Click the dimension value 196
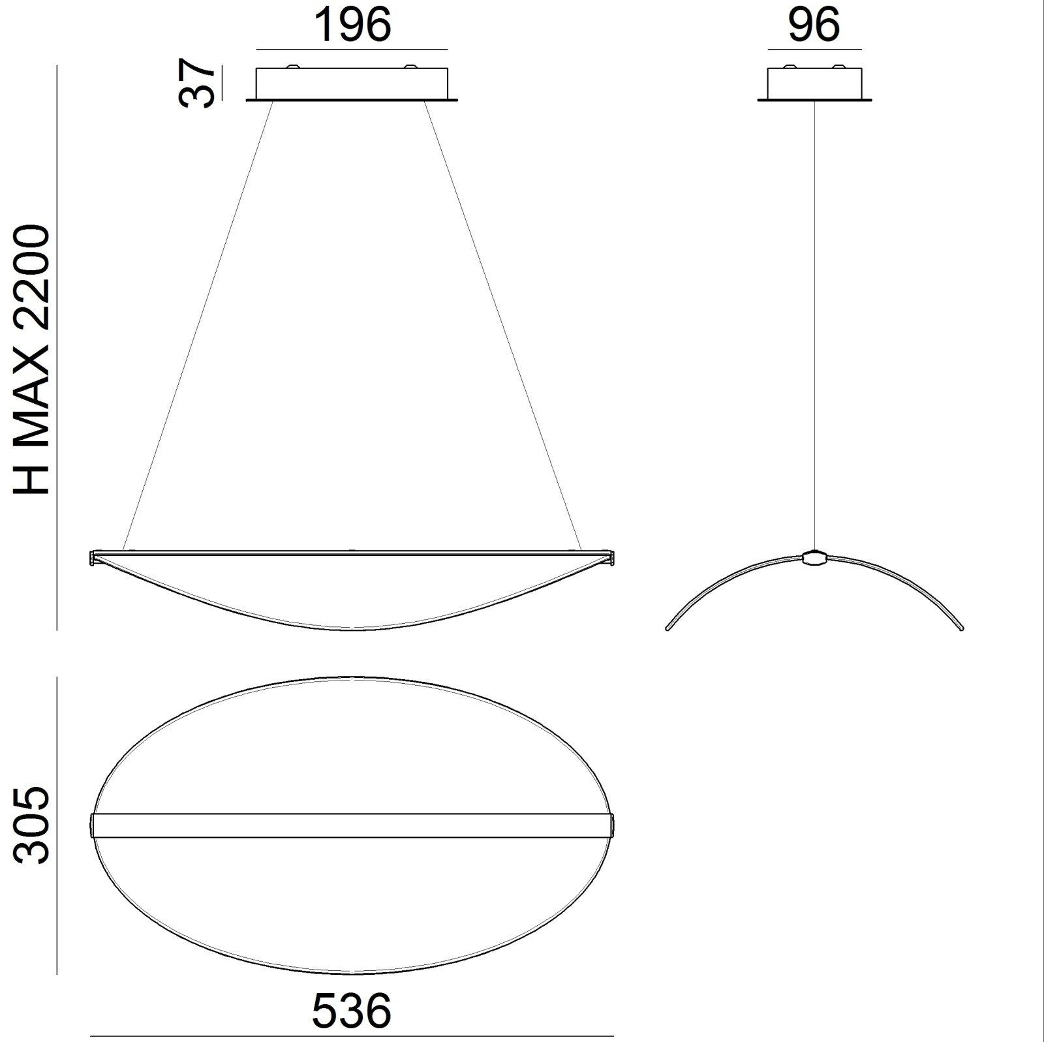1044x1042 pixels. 352,25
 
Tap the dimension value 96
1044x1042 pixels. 814,25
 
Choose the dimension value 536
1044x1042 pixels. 352,1011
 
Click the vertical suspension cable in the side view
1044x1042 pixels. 814,326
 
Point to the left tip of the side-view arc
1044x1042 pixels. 668,628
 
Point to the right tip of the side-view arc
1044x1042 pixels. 961,628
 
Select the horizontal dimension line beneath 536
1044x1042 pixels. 352,1035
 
